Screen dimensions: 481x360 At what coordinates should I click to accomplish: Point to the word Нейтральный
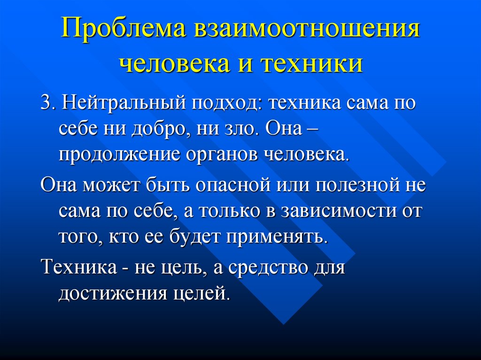pos(124,103)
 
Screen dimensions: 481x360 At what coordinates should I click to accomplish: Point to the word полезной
pos(357,185)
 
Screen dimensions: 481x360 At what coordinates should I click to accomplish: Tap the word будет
pos(194,237)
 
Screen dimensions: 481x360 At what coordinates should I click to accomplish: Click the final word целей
pos(202,294)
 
